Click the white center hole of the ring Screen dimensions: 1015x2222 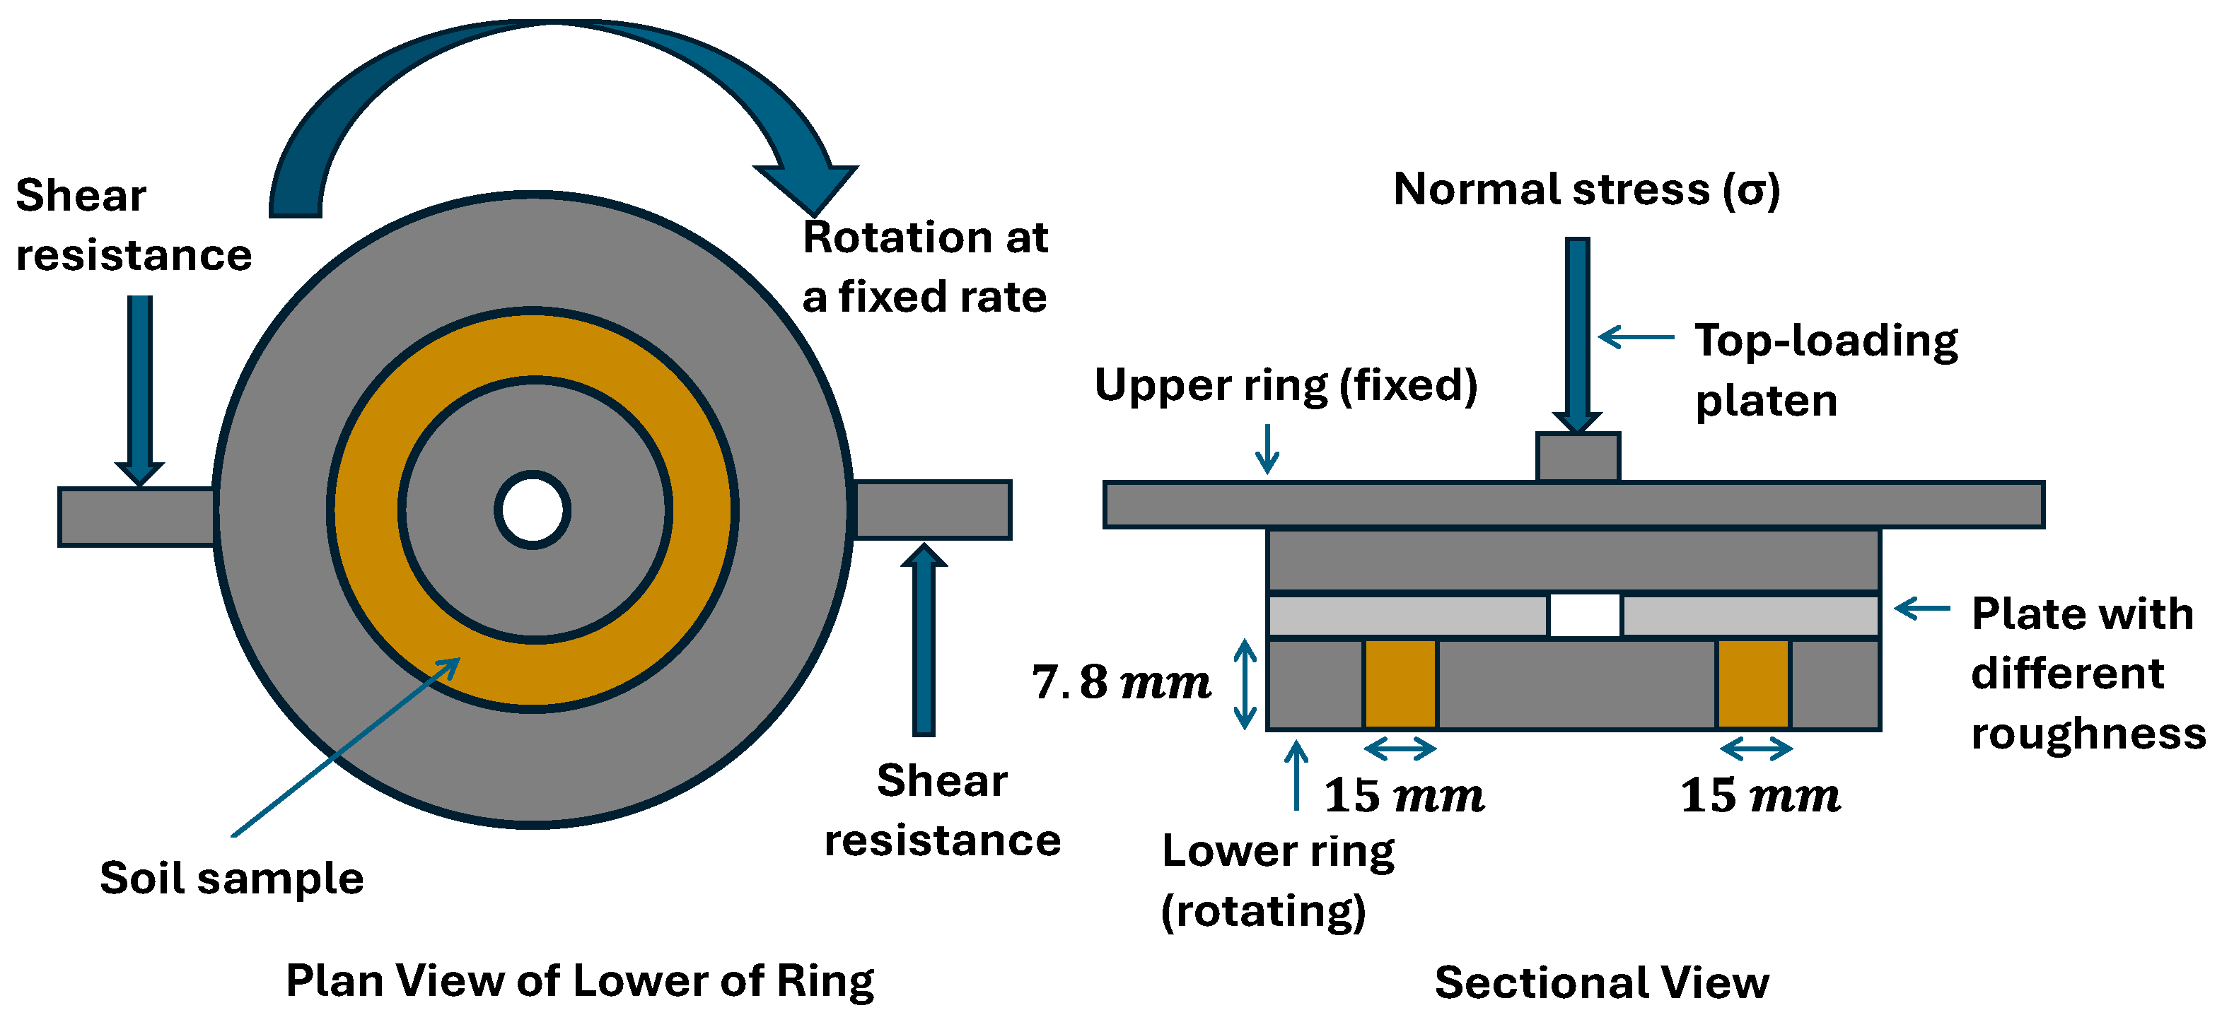(x=533, y=510)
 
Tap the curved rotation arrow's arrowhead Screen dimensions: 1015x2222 (x=808, y=185)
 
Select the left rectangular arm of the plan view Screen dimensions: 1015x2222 (x=135, y=517)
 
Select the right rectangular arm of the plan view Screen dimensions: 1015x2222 (x=931, y=510)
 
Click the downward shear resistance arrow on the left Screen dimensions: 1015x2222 (x=140, y=388)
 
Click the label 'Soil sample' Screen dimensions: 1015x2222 (x=231, y=879)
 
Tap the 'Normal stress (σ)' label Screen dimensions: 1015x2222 (x=1586, y=189)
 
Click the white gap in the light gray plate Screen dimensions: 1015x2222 (x=1585, y=615)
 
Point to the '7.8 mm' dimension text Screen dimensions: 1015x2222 (x=1120, y=682)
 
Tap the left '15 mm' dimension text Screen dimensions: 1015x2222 (x=1403, y=795)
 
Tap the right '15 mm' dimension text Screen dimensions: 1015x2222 (x=1759, y=795)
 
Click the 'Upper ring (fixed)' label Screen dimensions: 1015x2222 (x=1285, y=385)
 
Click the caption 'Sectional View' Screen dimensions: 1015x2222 (x=1601, y=982)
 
